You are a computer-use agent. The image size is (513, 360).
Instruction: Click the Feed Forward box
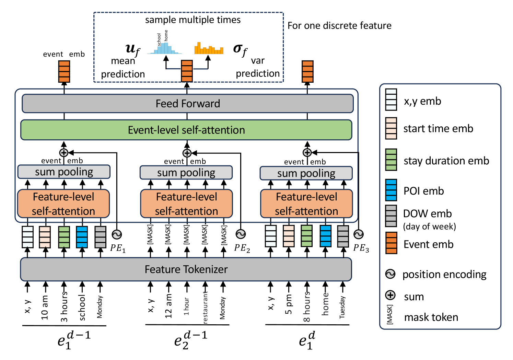click(187, 104)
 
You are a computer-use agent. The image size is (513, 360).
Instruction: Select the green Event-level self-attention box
click(186, 130)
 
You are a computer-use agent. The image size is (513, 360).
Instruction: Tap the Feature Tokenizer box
click(186, 269)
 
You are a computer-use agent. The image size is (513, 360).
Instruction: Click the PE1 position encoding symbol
click(117, 234)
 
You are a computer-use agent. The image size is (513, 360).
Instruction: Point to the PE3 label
click(361, 248)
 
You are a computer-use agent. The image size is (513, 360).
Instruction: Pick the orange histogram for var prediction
click(209, 49)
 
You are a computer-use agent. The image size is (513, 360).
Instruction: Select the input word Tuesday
click(342, 307)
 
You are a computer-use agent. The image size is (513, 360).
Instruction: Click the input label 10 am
click(45, 307)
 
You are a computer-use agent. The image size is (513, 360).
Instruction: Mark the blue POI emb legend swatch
click(391, 190)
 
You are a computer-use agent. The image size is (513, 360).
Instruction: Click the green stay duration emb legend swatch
click(391, 160)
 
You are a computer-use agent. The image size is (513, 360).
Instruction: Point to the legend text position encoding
click(444, 275)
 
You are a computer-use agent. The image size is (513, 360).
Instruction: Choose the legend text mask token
click(431, 317)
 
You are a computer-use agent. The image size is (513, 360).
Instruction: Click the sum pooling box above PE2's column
click(186, 173)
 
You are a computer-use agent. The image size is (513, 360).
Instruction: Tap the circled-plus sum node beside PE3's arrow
click(307, 152)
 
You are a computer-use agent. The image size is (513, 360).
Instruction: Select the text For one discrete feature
click(339, 26)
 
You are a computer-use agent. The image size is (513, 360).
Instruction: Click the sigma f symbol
click(240, 50)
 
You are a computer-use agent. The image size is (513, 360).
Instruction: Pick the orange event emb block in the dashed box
click(187, 71)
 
